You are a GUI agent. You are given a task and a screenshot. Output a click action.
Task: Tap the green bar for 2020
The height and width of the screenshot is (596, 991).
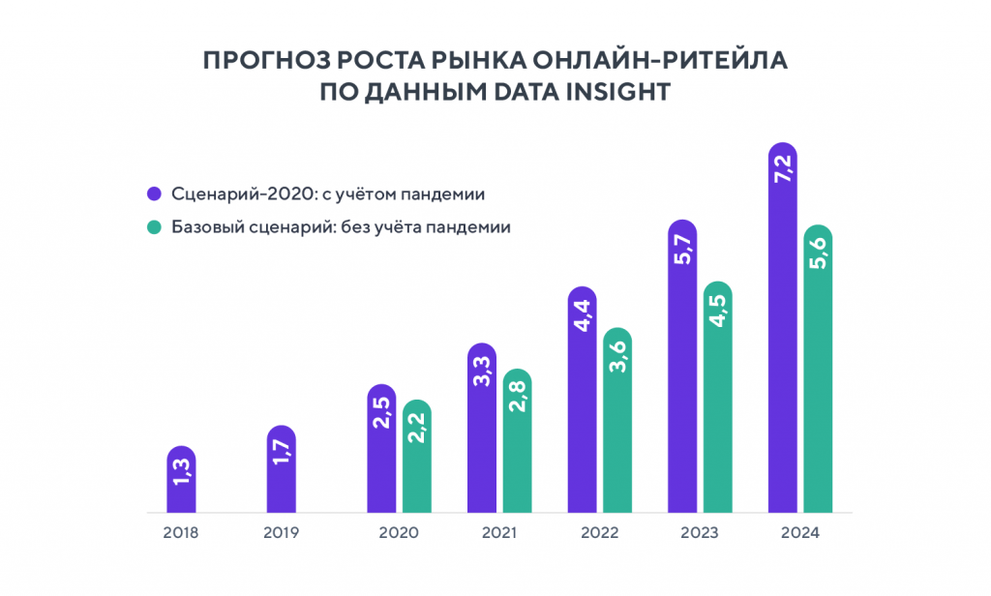tap(416, 456)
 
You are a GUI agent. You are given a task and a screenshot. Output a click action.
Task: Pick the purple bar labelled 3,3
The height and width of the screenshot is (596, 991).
tap(481, 428)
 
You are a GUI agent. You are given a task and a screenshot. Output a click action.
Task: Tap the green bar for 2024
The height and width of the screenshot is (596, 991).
tap(817, 369)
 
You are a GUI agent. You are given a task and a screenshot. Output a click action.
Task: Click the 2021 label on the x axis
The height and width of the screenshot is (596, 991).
tap(498, 533)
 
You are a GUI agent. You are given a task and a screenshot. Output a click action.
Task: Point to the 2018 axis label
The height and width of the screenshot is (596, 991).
tap(181, 533)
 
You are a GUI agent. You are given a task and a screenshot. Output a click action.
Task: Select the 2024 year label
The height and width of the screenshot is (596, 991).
tap(800, 533)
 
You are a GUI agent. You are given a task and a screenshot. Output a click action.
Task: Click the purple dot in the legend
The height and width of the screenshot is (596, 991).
tap(153, 194)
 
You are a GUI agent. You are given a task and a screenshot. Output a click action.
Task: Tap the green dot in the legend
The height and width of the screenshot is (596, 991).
tap(153, 228)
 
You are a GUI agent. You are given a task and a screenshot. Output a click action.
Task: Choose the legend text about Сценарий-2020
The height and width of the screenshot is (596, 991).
tap(328, 194)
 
